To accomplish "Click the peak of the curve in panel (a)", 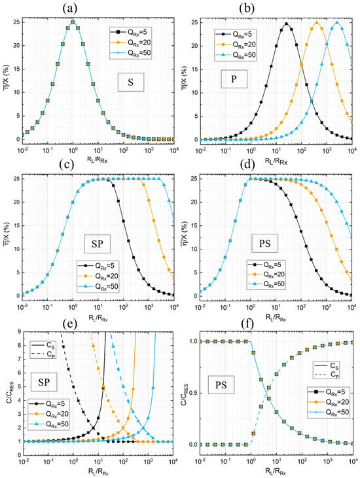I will click(x=73, y=23).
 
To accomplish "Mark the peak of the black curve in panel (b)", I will click(x=286, y=24).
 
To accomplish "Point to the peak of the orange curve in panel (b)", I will click(x=317, y=23).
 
